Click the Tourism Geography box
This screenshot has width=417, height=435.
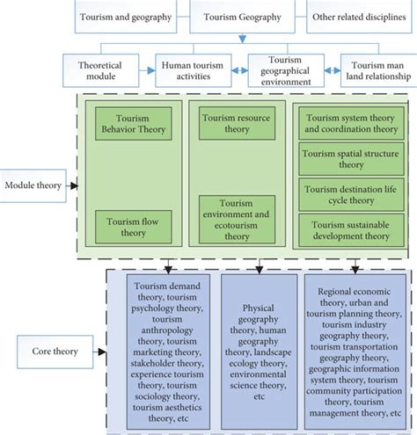pyautogui.click(x=243, y=17)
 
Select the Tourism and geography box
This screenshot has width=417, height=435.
pyautogui.click(x=126, y=17)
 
